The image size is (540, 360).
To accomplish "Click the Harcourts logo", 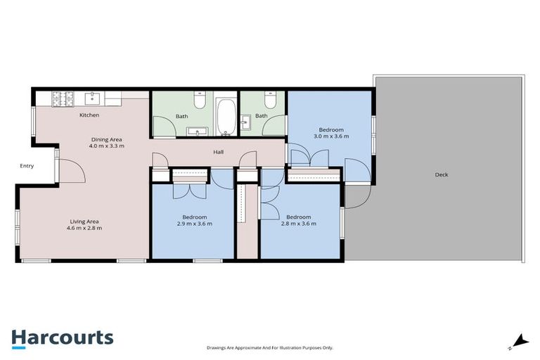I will [63, 337].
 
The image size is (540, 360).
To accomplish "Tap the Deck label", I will [441, 174].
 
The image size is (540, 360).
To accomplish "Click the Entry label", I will [27, 166].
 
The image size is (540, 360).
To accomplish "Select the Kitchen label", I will [89, 115].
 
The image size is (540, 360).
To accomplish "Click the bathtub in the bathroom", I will [226, 117].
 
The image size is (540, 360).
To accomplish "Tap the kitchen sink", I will [93, 98].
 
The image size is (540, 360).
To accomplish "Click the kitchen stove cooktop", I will [56, 98].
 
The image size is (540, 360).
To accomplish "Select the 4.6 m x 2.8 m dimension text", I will [84, 228].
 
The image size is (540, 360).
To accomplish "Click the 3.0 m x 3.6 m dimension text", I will [331, 136].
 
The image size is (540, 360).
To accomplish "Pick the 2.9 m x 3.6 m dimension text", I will [194, 224].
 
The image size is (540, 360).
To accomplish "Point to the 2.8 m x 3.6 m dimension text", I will [299, 224].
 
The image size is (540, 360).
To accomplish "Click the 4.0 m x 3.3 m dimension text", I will [107, 146].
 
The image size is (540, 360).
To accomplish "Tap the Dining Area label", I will [106, 139].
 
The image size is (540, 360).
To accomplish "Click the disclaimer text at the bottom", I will [269, 347].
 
